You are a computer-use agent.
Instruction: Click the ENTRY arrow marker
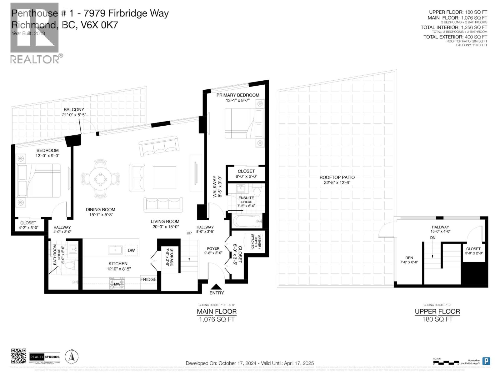(216, 287)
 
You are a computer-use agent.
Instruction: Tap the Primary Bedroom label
(238, 95)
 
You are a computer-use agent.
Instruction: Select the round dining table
(100, 179)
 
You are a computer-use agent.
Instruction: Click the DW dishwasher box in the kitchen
(131, 250)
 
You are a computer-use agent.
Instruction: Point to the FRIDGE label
(148, 279)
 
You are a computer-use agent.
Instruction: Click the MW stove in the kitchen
(117, 284)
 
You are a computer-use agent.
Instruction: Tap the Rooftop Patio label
(337, 177)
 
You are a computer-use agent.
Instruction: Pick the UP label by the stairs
(189, 233)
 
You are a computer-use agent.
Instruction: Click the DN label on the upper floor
(432, 238)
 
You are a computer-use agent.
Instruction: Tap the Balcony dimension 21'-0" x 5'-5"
(74, 115)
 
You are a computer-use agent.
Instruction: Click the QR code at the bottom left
(18, 356)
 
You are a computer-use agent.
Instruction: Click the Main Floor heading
(217, 312)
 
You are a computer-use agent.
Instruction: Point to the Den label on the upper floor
(409, 258)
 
